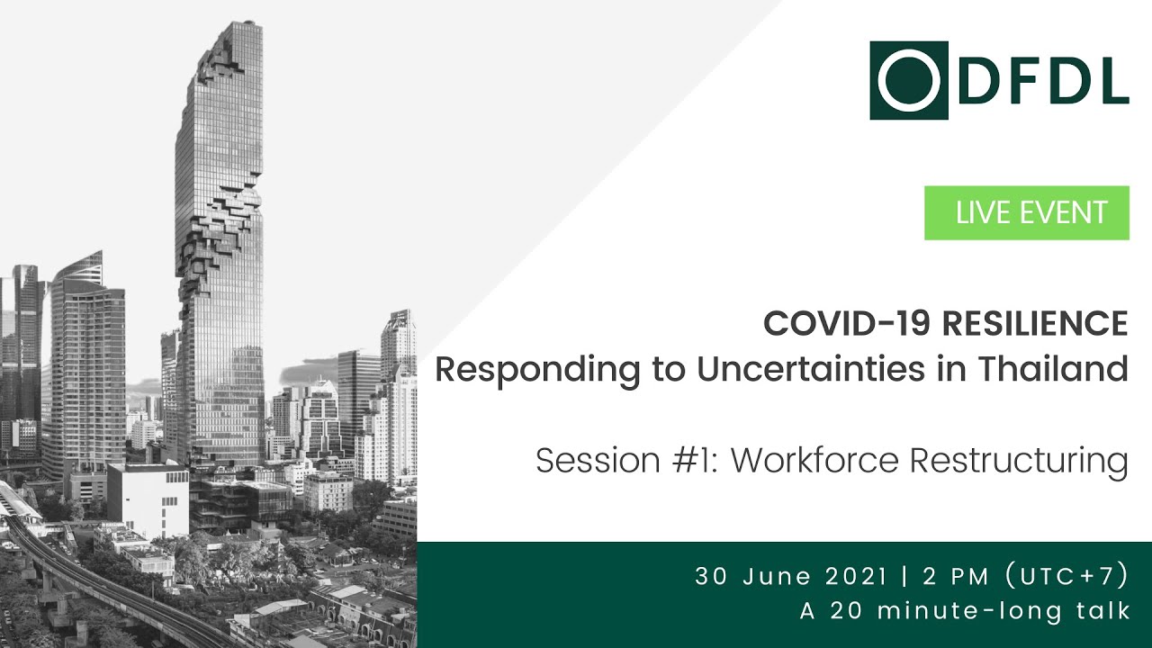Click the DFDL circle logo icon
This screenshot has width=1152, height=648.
coord(908,80)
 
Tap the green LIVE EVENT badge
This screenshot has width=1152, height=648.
coord(1026,213)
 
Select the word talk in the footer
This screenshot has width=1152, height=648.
coord(1103,611)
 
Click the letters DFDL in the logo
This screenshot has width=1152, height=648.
coord(1043,80)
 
